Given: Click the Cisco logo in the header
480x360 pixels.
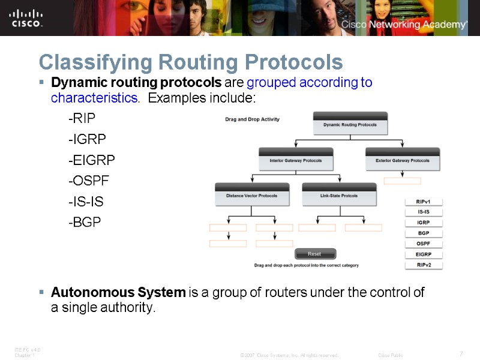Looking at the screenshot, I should [26, 17].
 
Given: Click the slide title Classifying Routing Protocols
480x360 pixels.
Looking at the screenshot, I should [190, 62].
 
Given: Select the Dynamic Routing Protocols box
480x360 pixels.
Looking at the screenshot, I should [350, 125].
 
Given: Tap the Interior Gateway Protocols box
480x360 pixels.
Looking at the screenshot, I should [296, 161].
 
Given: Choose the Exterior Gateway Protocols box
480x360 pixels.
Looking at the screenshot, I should [403, 161].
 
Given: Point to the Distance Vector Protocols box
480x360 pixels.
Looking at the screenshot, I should [252, 196].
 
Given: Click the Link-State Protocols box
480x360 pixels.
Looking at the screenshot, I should [339, 196].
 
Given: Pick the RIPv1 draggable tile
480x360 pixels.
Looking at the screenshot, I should [424, 202].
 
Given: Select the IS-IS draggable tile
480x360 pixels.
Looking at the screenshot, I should [424, 212].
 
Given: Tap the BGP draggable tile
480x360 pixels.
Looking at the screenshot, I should [424, 233].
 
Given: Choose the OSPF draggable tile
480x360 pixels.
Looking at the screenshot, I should [424, 244].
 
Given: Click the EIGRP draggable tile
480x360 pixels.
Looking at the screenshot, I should [424, 254].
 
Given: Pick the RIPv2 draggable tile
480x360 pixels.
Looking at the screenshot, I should [424, 265].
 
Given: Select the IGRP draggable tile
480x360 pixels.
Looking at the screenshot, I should [424, 223].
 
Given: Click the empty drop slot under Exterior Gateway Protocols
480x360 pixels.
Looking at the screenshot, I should [402, 181].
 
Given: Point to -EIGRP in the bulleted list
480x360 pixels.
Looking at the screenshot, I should [91, 160].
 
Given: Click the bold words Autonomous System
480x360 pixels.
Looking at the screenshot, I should [118, 293].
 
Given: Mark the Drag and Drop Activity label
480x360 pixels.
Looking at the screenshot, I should [252, 119].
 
